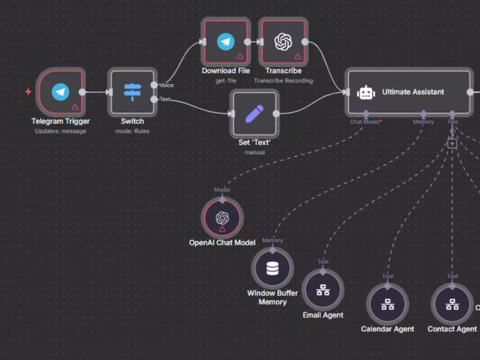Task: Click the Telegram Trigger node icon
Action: click(60, 92)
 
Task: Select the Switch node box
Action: click(132, 92)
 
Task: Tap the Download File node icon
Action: click(226, 41)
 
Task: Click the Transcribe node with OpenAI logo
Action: click(283, 41)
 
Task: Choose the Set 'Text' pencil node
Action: click(255, 113)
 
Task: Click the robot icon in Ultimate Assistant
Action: click(366, 92)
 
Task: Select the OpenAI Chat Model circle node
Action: click(223, 218)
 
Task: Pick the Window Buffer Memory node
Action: click(272, 268)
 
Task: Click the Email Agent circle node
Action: click(323, 289)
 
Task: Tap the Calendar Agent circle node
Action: click(388, 304)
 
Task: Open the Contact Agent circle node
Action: click(452, 304)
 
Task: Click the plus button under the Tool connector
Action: click(452, 143)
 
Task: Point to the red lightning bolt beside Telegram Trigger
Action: click(28, 92)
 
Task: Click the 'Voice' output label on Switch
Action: click(166, 85)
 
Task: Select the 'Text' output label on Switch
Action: click(164, 99)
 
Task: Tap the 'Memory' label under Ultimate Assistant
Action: click(423, 122)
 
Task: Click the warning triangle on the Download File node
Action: click(240, 56)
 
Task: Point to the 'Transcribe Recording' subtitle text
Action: click(283, 80)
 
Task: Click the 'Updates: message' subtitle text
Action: click(60, 131)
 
